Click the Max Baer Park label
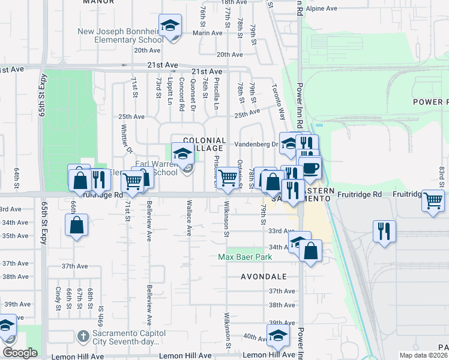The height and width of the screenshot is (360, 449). pos(245,257)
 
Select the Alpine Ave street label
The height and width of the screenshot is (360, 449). pos(322,8)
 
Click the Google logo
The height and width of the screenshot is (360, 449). pos(20,353)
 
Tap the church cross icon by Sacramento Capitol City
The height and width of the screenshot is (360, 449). pos(84,335)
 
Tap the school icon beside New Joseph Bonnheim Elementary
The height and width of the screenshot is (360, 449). pos(170,26)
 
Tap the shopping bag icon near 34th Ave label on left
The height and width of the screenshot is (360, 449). pos(77,226)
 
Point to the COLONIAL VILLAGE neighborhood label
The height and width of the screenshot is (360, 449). pos(204,144)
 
